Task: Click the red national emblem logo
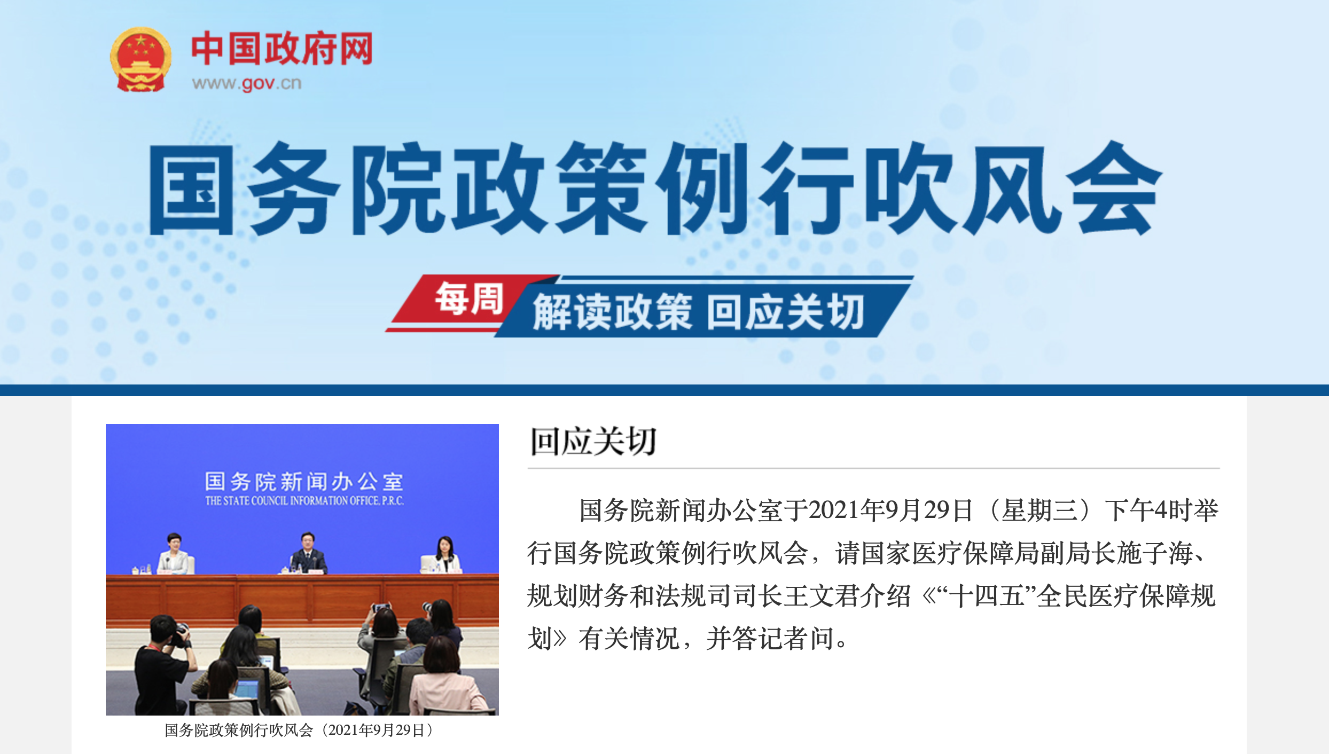[141, 59]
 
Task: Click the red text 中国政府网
[282, 49]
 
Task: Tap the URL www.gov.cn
[247, 83]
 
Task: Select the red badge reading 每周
[469, 299]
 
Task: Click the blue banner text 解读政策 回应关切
[698, 312]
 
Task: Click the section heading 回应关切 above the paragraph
[593, 441]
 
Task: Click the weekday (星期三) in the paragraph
[1039, 510]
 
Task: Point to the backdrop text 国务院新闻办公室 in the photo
[304, 481]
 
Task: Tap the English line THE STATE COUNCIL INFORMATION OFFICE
[304, 501]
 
